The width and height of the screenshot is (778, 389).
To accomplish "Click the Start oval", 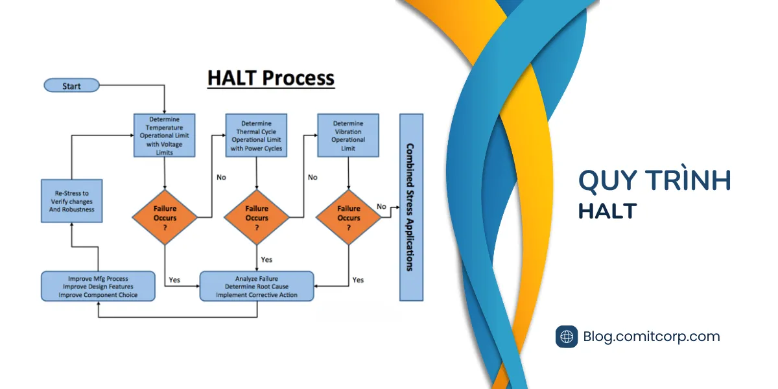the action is click(71, 86).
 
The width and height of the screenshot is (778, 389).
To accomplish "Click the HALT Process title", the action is click(271, 78).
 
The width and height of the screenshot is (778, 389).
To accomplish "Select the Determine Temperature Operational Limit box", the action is click(164, 136).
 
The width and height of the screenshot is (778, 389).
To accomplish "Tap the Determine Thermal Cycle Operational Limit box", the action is click(256, 136).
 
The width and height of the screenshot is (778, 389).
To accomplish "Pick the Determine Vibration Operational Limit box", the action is click(348, 136).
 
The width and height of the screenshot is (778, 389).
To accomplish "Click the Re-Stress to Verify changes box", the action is click(71, 201).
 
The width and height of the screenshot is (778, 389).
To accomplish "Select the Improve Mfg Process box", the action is click(98, 286).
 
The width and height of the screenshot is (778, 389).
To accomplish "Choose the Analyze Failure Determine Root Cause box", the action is click(257, 286).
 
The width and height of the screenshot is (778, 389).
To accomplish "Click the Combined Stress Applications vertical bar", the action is click(411, 207).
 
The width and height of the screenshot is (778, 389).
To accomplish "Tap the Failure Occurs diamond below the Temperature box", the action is click(165, 217).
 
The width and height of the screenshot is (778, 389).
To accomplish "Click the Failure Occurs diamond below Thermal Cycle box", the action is click(257, 217).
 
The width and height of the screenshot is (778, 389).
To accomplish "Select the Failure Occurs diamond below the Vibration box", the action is click(348, 217).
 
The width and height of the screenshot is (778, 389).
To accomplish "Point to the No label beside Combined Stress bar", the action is click(381, 207).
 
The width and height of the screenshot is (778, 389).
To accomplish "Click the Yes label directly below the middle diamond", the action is click(266, 259).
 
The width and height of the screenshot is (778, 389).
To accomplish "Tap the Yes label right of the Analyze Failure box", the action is click(358, 280).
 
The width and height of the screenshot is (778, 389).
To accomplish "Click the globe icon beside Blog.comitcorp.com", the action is click(567, 336).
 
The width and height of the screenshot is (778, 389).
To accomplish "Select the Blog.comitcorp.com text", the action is click(651, 336).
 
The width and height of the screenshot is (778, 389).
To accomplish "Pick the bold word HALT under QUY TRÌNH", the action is click(607, 211).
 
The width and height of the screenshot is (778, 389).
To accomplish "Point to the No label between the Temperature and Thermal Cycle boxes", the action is click(221, 178).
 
